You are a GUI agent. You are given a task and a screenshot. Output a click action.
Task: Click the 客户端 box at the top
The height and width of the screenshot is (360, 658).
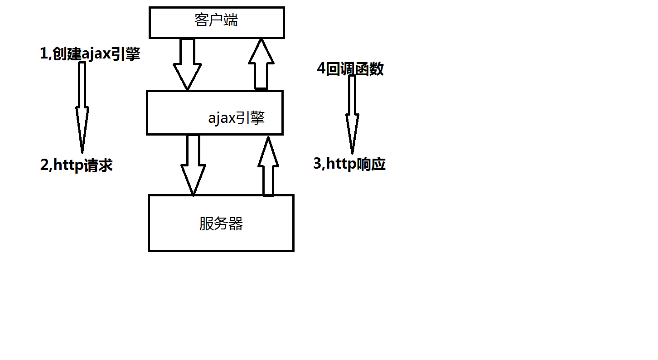click(217, 23)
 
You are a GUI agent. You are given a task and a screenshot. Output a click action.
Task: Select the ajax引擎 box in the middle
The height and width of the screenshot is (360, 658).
click(214, 112)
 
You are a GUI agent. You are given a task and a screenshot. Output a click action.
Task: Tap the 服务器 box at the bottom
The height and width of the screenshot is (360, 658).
click(221, 223)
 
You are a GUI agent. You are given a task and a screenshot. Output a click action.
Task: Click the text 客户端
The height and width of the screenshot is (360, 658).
click(216, 20)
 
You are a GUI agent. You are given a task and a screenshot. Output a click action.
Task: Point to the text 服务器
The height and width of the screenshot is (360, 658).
click(221, 224)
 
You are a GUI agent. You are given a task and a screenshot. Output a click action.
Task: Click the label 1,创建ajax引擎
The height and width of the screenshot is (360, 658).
click(90, 54)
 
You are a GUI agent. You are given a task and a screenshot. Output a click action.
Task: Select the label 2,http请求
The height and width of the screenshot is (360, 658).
click(77, 165)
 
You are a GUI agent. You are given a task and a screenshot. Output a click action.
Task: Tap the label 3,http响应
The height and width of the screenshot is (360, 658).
click(349, 164)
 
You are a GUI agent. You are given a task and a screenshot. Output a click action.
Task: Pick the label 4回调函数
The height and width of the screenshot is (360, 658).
click(350, 69)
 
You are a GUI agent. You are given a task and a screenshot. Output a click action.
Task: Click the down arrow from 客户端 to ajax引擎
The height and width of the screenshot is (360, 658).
click(187, 63)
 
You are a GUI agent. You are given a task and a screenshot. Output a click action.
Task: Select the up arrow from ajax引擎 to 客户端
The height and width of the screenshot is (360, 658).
click(261, 63)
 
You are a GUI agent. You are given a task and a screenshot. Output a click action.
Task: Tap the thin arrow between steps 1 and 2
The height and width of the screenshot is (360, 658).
click(82, 107)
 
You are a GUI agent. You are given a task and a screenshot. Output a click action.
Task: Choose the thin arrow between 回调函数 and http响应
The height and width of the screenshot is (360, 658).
click(352, 113)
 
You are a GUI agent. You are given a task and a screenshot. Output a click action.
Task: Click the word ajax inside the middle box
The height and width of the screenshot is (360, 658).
click(222, 119)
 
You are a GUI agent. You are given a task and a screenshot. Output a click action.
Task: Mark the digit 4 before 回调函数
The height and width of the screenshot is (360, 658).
click(321, 69)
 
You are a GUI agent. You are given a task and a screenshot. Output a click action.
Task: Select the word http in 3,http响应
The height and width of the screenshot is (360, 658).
click(341, 164)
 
